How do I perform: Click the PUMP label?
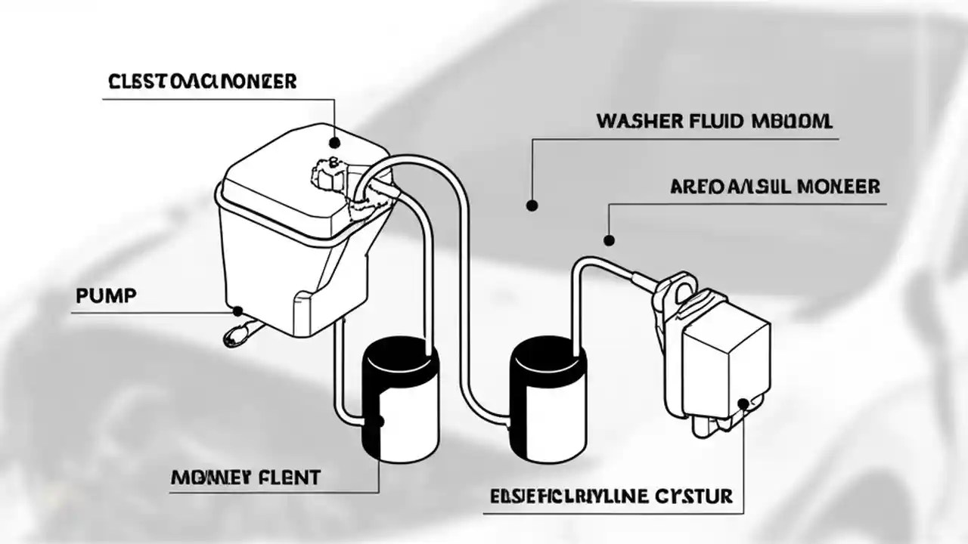coord(106,296)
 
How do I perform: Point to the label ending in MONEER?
coord(775,187)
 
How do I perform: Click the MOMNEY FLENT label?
coord(246,477)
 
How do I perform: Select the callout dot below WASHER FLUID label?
coord(532,205)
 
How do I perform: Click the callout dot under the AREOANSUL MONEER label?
coord(609,241)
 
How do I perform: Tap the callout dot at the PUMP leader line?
coord(237,311)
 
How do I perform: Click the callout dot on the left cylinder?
coord(379,422)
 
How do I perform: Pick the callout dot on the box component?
coord(743,403)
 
